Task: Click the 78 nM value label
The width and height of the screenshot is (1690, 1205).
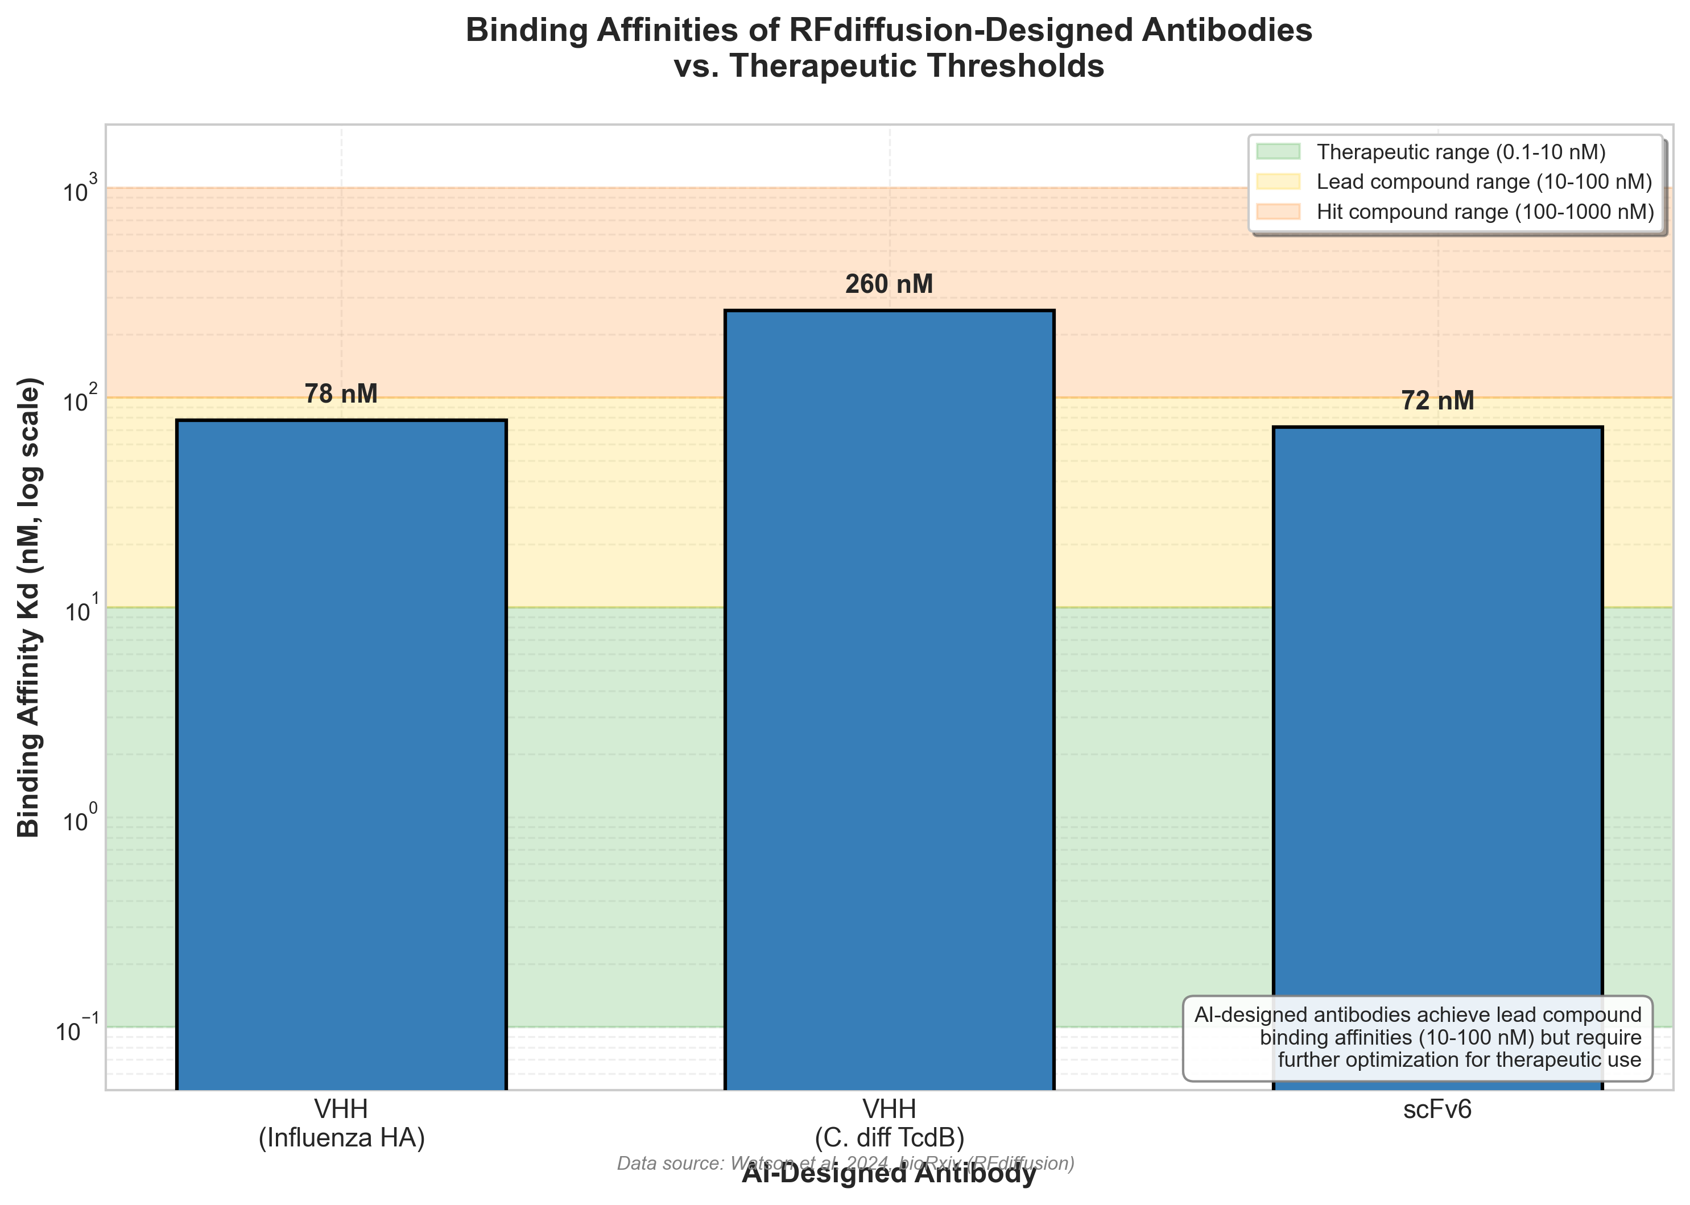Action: [341, 394]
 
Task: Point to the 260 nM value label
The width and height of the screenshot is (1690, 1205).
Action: [889, 284]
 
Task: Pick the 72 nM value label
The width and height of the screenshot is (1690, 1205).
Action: [1437, 401]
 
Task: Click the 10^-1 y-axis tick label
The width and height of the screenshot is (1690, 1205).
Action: [73, 1030]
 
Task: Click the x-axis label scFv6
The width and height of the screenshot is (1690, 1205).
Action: [1437, 1110]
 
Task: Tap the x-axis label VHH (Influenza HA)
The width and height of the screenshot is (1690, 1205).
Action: [341, 1123]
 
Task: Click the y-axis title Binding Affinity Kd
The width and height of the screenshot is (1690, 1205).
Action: [30, 608]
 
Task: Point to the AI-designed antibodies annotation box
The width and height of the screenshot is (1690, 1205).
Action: [1417, 1037]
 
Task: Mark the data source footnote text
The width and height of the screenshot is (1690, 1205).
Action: [845, 1163]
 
